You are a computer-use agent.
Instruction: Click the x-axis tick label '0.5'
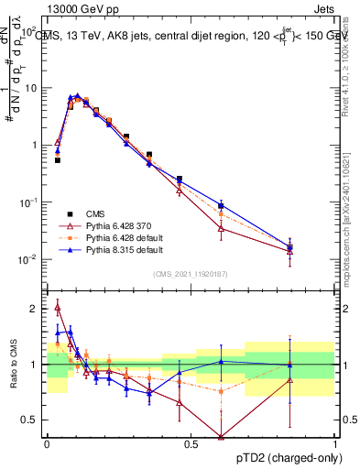[191, 444]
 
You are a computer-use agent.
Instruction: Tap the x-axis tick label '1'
[334, 444]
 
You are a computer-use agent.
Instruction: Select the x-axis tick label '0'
[47, 444]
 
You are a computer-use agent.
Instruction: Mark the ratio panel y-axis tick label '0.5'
[31, 420]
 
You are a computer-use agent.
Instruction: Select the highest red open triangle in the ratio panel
[58, 308]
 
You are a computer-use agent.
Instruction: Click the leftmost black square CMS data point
[58, 160]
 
